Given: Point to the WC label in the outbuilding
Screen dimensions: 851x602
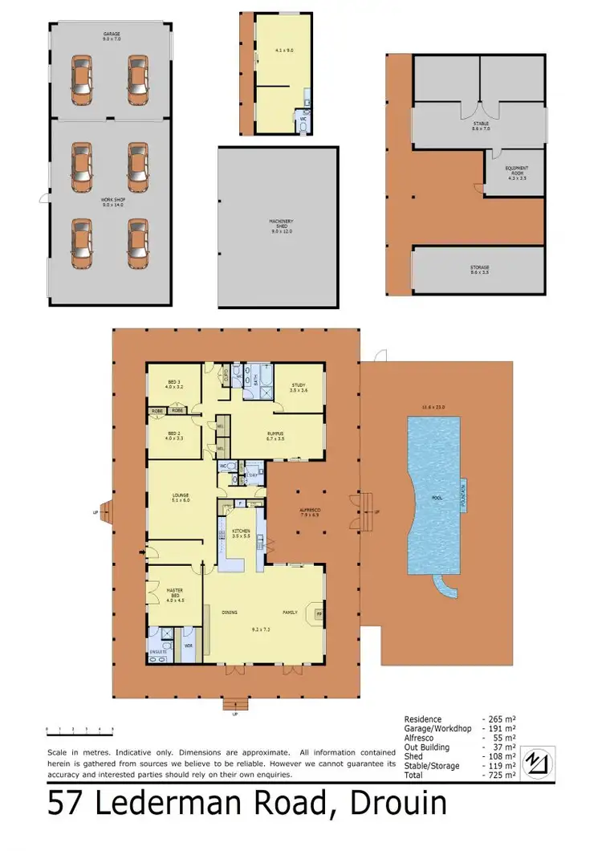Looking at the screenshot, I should click(x=303, y=119).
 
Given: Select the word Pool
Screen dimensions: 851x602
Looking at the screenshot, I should click(x=437, y=498).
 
